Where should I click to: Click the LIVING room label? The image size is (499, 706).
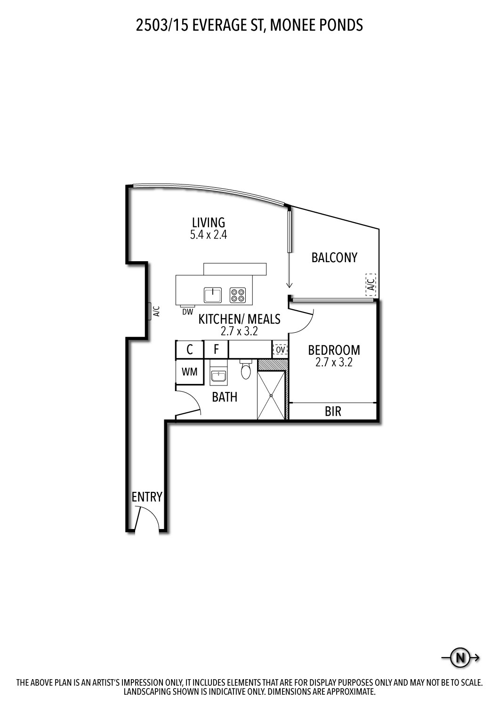click(x=208, y=222)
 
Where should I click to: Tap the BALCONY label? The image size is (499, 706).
click(x=334, y=257)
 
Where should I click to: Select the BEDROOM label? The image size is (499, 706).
click(x=334, y=350)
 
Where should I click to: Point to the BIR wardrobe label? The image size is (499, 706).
click(x=333, y=412)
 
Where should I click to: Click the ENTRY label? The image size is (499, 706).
click(x=147, y=497)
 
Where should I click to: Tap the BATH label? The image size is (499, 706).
click(x=225, y=397)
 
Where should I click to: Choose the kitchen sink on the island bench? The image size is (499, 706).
click(x=213, y=295)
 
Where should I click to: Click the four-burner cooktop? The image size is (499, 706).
click(x=238, y=295)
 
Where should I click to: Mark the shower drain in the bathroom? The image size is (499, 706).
click(x=272, y=395)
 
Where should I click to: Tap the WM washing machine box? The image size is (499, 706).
click(x=190, y=372)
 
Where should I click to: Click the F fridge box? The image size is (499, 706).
click(x=216, y=350)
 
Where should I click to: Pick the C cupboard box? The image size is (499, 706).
click(x=190, y=350)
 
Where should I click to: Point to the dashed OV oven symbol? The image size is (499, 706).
click(x=280, y=350)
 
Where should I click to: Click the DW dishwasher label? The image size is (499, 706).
click(x=187, y=312)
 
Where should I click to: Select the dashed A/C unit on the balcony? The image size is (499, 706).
click(x=371, y=284)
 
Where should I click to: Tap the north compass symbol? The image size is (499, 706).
click(x=460, y=658)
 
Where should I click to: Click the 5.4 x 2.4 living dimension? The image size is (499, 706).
click(x=209, y=235)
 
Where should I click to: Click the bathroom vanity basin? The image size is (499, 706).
click(x=218, y=377)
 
